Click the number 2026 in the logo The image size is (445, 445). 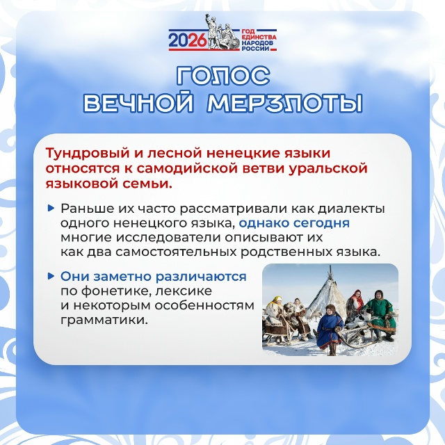[x=188, y=40]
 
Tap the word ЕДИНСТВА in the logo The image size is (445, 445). [x=259, y=37]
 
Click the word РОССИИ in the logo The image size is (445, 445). [x=255, y=48]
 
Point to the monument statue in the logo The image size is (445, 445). [x=222, y=32]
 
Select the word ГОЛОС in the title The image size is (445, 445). [x=222, y=76]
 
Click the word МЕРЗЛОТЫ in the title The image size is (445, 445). [x=285, y=102]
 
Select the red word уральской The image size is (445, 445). [x=327, y=168]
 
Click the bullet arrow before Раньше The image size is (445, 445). [x=51, y=209]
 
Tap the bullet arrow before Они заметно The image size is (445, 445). [x=51, y=276]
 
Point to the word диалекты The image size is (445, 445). [x=351, y=209]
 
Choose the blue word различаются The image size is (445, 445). [x=201, y=277]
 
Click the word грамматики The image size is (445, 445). [x=104, y=321]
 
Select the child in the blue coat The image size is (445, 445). [x=330, y=329]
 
